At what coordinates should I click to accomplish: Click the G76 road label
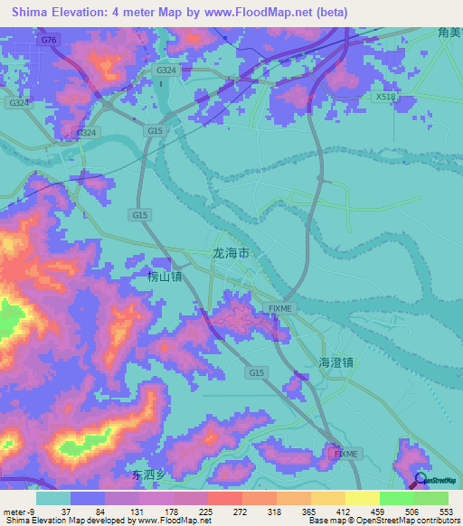tap(48, 41)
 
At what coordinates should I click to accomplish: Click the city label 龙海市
tap(230, 255)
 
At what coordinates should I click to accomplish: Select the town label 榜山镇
tap(164, 276)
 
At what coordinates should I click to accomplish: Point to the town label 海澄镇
tap(335, 362)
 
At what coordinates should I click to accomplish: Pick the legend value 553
tap(447, 512)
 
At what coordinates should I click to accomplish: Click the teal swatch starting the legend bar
tap(53, 498)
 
